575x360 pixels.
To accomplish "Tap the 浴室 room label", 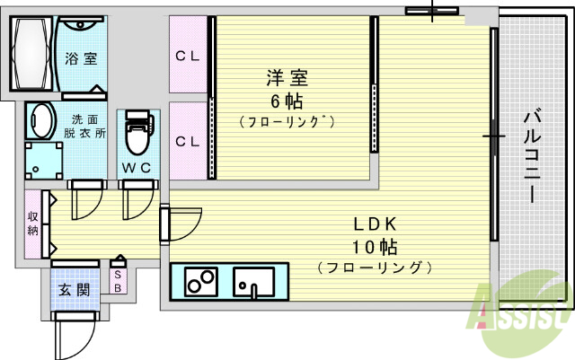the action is tap(81, 59).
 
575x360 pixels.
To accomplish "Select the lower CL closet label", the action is tap(187, 141).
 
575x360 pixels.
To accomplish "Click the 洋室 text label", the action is tap(280, 77).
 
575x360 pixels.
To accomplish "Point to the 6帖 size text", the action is tap(280, 99).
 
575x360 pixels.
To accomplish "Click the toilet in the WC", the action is tap(137, 137).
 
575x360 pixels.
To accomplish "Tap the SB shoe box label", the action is tap(118, 282).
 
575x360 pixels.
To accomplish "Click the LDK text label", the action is tap(374, 224).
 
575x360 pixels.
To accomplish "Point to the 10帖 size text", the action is tap(374, 246).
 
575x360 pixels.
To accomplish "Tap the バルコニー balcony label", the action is tap(531, 156).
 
